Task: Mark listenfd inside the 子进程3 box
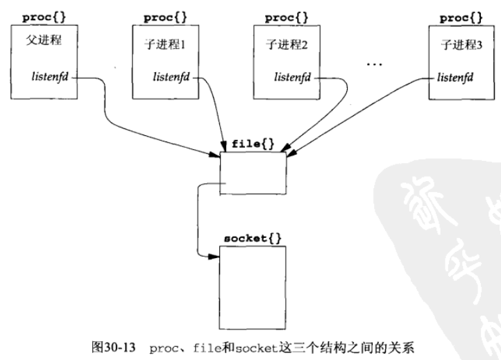[x=455, y=76]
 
